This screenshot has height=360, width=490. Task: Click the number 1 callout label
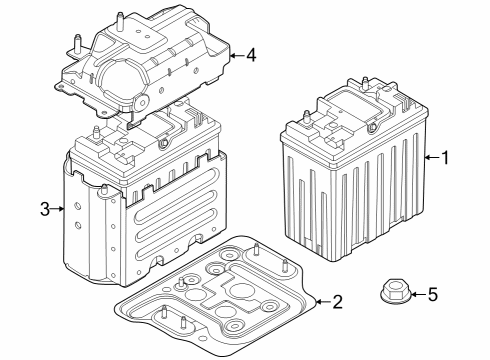click(446, 157)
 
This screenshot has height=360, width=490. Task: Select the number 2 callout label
click(337, 301)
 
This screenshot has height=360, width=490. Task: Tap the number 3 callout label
click(44, 208)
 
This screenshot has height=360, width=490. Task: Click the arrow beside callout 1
click(429, 157)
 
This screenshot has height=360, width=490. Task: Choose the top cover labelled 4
click(150, 70)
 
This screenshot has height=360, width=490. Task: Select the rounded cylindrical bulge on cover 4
click(125, 80)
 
